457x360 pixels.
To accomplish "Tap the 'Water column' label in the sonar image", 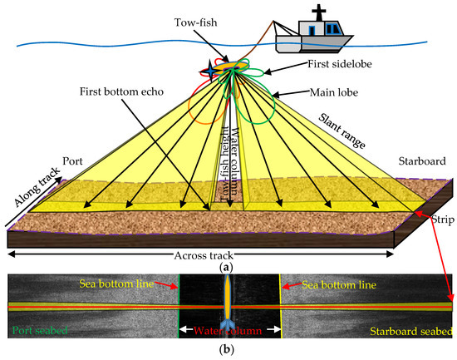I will (229, 333).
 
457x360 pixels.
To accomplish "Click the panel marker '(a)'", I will (228, 268).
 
